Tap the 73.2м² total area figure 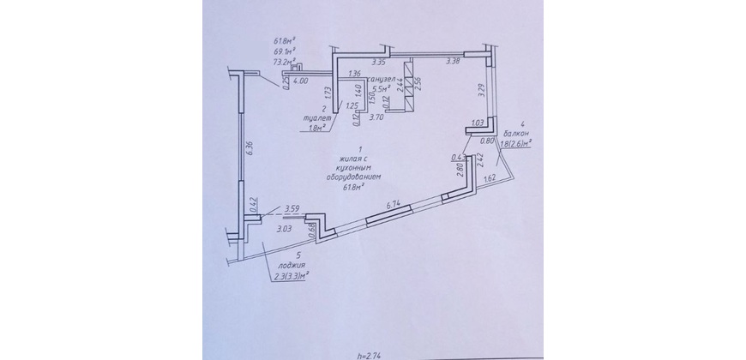[x=284, y=62]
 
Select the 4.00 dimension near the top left [x=301, y=81]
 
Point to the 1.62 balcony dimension [x=491, y=179]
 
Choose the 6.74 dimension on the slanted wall [x=394, y=204]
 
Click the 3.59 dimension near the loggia [x=292, y=208]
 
